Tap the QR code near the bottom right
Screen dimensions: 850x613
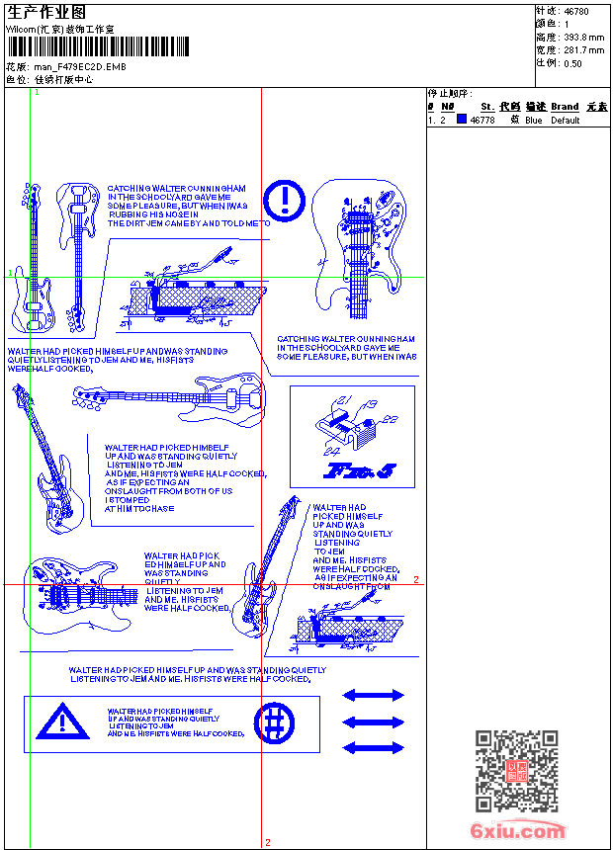[x=516, y=771]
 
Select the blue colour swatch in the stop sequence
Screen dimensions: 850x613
[x=461, y=120]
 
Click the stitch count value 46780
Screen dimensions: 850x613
[x=576, y=11]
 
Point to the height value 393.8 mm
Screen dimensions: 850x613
[x=583, y=37]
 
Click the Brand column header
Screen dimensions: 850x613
[x=565, y=106]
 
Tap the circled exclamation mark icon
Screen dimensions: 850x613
[x=285, y=199]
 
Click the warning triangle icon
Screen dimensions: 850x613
[x=61, y=722]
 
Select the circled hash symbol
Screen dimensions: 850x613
[x=274, y=722]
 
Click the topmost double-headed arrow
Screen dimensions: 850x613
[x=373, y=695]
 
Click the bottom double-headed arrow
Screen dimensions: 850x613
[x=373, y=748]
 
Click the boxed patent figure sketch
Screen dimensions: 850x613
[x=352, y=436]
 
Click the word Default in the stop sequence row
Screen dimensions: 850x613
[x=566, y=121]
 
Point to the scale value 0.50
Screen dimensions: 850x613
[x=572, y=62]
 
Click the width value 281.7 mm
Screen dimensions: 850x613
[x=583, y=49]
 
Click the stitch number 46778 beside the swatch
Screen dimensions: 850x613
[x=482, y=121]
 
